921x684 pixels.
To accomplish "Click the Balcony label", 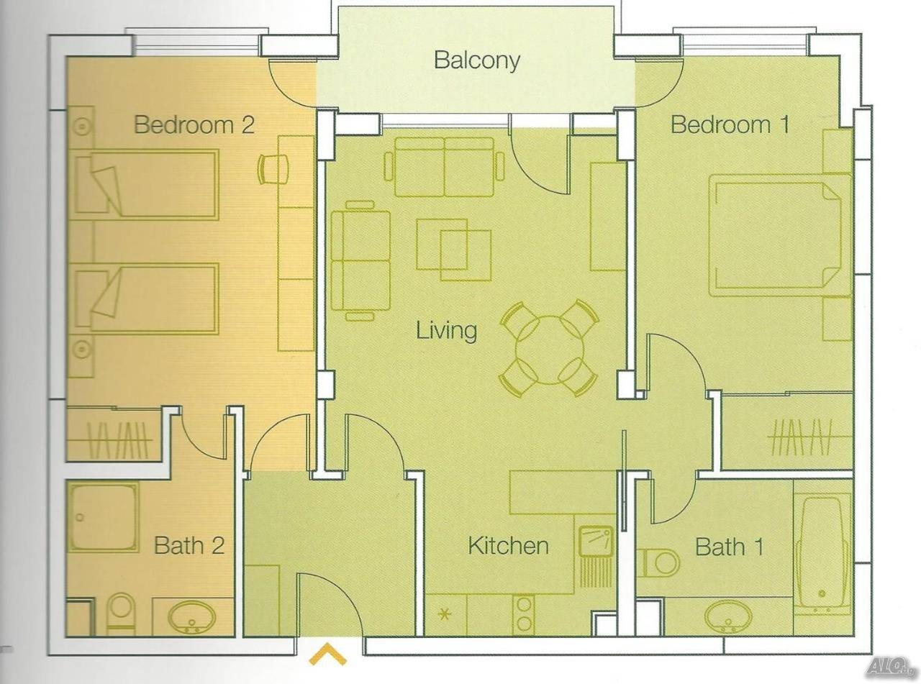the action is [477, 60].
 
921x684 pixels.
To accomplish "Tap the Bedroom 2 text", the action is [194, 124].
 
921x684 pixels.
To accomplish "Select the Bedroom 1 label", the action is [730, 124].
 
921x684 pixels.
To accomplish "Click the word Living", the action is [446, 331].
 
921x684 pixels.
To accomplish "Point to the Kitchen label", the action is [508, 545].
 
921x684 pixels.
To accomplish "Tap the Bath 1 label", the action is [729, 547].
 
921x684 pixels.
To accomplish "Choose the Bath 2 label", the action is [189, 545].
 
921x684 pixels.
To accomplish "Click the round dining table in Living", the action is [549, 350].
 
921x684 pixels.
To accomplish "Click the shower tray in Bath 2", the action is [103, 516].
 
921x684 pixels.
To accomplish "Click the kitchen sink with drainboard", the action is [596, 557].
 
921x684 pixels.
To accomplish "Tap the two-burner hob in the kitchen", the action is [524, 616].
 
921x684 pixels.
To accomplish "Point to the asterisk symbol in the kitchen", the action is [445, 613].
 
